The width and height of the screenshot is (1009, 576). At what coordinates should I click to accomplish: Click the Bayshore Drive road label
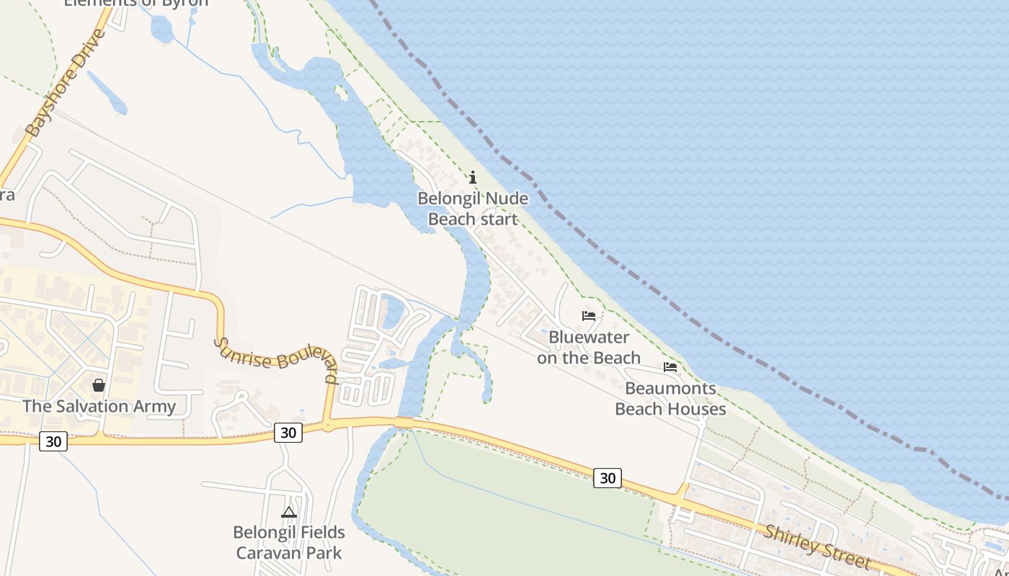(x=66, y=84)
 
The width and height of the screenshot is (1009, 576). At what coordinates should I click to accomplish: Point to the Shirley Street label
(x=817, y=546)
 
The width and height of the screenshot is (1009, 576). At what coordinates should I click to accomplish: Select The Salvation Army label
(x=99, y=406)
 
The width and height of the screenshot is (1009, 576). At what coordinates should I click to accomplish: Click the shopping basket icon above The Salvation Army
(x=99, y=385)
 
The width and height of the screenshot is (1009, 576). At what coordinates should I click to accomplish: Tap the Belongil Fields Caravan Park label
(x=288, y=543)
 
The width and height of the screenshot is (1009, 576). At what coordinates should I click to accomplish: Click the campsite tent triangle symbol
(x=289, y=513)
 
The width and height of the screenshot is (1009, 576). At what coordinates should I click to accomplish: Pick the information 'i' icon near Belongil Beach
(x=473, y=177)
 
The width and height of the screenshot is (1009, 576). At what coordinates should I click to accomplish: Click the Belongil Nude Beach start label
(x=473, y=209)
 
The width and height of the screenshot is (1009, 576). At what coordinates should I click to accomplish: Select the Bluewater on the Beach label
(x=588, y=347)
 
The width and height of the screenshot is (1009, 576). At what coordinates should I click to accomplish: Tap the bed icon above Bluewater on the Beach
(x=589, y=315)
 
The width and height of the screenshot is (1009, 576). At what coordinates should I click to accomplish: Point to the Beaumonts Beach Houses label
(x=670, y=399)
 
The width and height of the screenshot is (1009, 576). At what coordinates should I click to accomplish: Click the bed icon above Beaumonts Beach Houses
(x=670, y=367)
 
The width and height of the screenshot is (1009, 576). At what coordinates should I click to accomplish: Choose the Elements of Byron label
(x=136, y=3)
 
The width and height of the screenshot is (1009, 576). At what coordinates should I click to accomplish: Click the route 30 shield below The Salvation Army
(x=53, y=441)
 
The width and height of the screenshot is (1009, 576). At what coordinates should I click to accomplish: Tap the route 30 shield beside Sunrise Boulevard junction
(x=288, y=433)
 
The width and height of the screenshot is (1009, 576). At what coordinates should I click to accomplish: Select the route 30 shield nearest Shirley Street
(x=608, y=477)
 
